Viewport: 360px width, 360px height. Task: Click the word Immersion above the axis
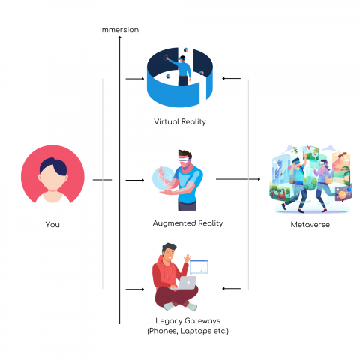coord(119,29)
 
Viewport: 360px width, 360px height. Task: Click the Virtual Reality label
coord(179,121)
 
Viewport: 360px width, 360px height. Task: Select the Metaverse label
coord(309,224)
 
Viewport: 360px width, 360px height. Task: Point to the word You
coord(52,224)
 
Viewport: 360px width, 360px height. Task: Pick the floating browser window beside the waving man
coord(199,265)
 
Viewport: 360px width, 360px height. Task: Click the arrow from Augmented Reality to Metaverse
coord(240,180)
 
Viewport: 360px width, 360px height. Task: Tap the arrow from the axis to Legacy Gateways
coord(135,288)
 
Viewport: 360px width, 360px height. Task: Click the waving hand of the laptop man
coord(185,257)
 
